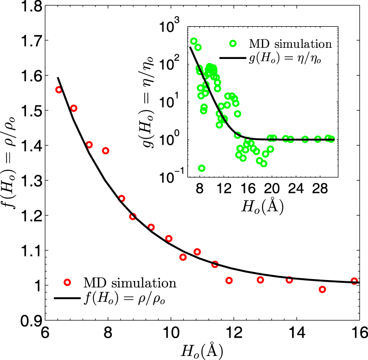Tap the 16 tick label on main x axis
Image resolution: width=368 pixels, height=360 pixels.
(359, 333)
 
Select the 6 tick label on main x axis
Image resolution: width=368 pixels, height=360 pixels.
(45, 333)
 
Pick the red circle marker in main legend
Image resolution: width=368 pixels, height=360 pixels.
(67, 282)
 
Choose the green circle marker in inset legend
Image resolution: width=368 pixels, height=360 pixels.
(233, 44)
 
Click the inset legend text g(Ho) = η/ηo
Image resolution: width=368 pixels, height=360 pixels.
(287, 59)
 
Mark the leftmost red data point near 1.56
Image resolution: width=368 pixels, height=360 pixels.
(58, 90)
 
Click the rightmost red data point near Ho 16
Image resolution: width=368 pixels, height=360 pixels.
(354, 281)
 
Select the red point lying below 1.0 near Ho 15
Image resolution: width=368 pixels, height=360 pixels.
(322, 289)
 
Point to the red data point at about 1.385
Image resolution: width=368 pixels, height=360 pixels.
(106, 151)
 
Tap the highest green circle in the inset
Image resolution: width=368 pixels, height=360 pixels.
(194, 41)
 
